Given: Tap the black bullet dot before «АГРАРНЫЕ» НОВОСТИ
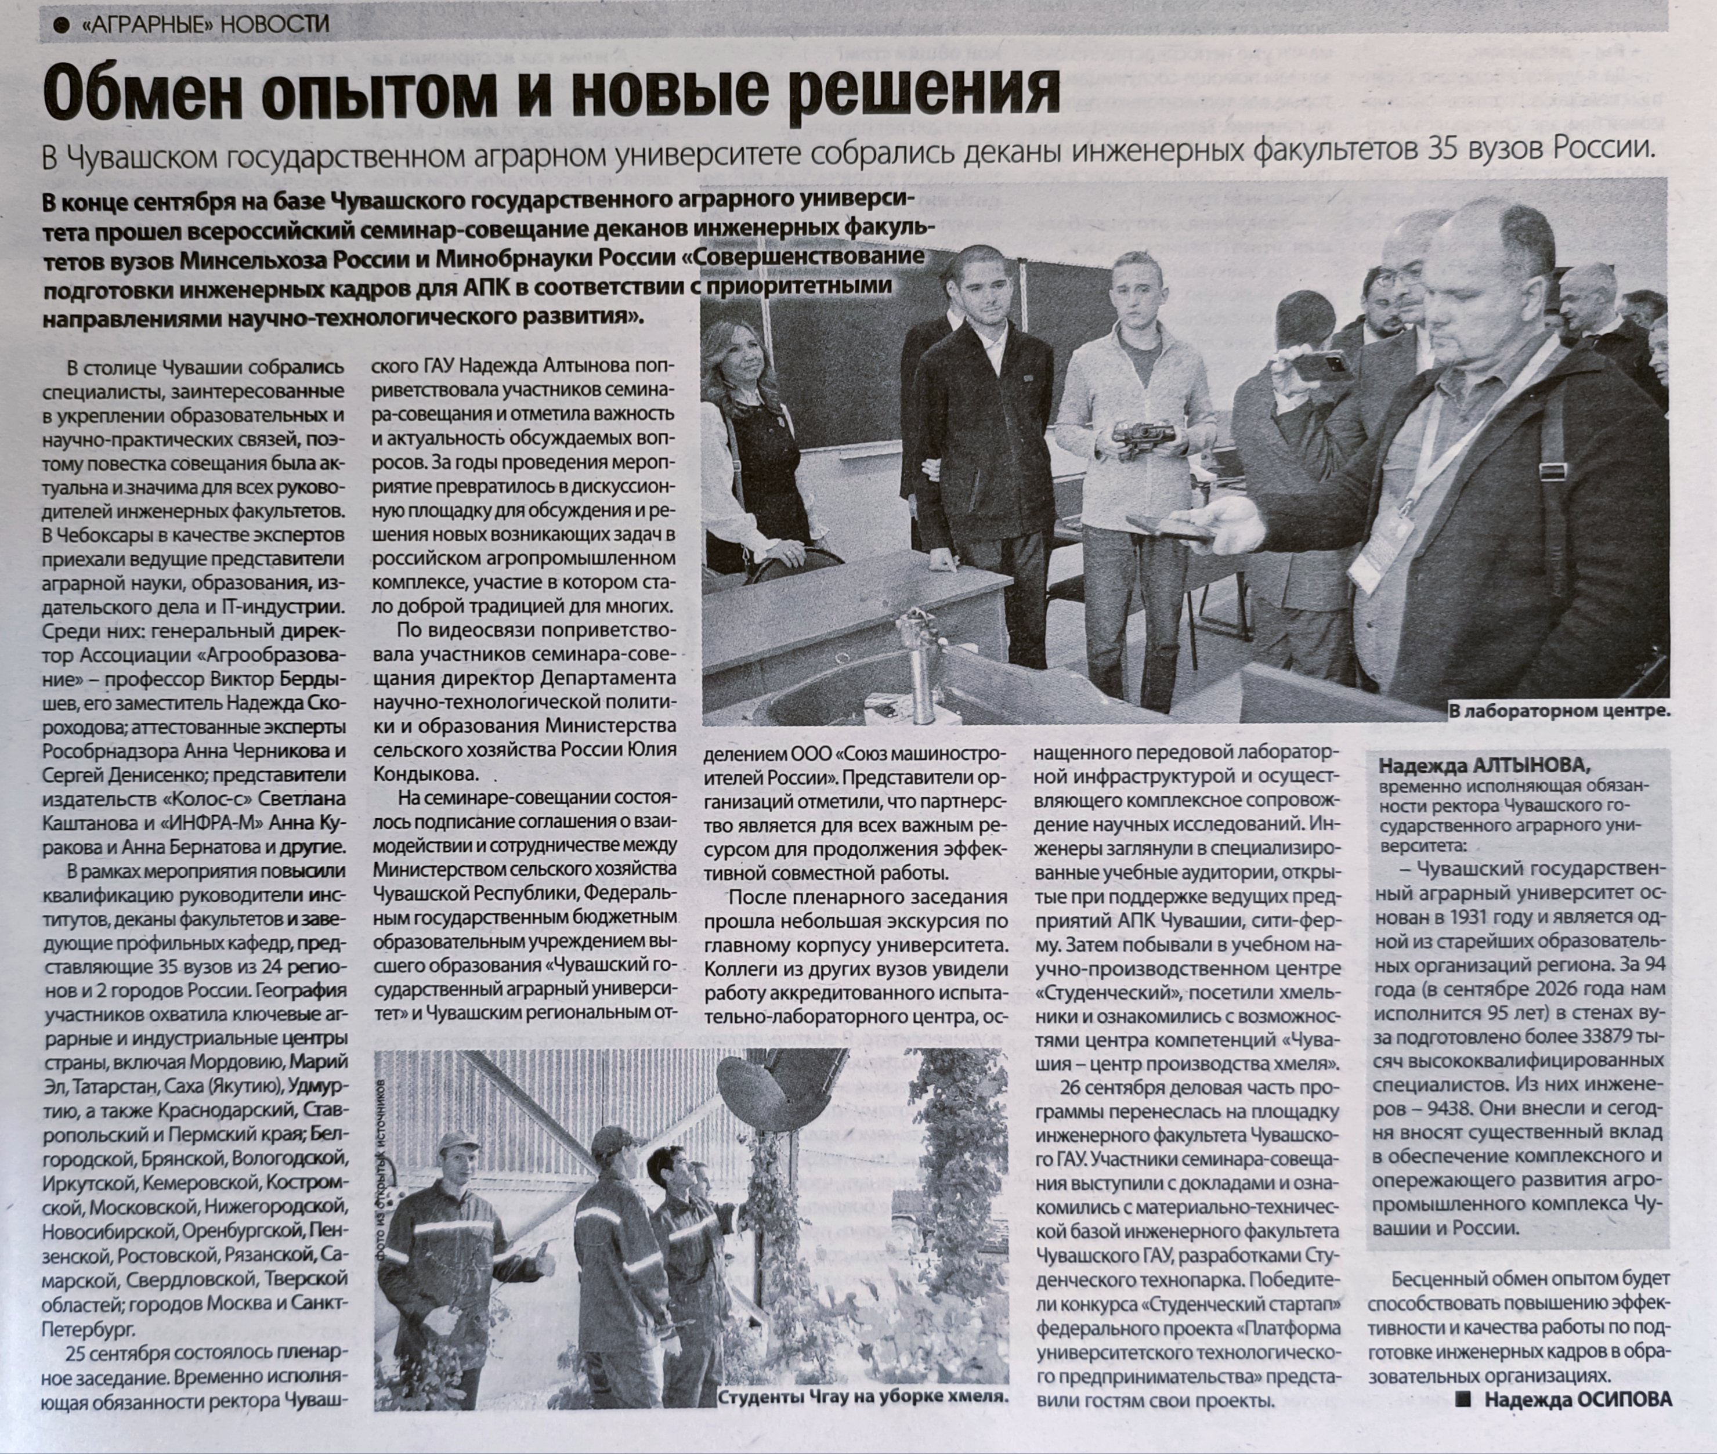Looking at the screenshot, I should [x=59, y=26].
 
